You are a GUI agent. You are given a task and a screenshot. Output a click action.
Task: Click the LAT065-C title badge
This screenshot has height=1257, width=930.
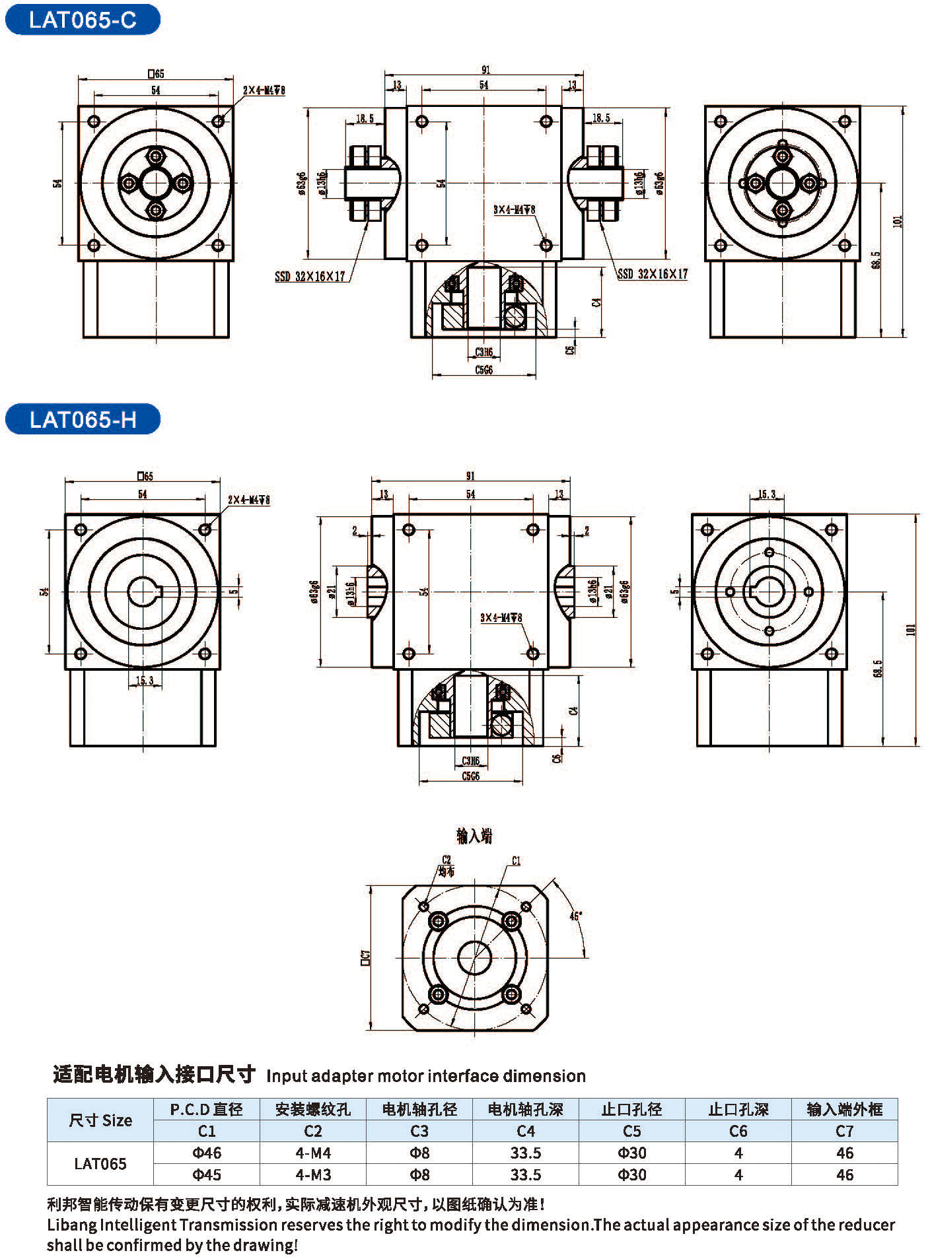[x=83, y=20]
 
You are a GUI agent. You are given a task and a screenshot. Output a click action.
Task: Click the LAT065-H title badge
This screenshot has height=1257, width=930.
[x=83, y=420]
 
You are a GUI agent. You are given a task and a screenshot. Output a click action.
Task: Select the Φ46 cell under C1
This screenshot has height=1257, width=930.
[x=207, y=1153]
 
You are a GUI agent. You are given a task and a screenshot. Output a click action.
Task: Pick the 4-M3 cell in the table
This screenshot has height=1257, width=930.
[x=313, y=1175]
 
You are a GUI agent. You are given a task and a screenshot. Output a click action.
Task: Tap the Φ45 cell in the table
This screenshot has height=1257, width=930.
[x=207, y=1175]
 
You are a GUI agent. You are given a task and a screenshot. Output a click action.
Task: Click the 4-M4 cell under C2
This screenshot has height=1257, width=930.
[x=313, y=1153]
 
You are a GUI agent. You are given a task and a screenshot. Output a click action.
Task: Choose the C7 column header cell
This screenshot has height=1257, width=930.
[x=844, y=1132]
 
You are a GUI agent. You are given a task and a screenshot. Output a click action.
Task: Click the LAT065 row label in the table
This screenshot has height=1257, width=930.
[x=100, y=1164]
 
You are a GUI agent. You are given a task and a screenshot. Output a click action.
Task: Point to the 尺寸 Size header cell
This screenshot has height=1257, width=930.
[x=100, y=1120]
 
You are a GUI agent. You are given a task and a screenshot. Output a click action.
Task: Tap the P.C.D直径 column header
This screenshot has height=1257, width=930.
[x=207, y=1110]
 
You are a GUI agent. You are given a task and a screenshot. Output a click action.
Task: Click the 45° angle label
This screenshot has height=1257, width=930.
[x=575, y=916]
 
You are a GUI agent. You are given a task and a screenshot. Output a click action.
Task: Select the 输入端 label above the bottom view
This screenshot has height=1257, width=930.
[x=474, y=836]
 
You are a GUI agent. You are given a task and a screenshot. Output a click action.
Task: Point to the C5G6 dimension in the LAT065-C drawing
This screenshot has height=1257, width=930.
[x=483, y=370]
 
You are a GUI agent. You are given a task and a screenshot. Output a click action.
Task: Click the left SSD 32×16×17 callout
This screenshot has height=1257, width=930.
[x=310, y=276]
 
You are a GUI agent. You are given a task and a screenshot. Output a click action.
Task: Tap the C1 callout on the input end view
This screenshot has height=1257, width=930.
[x=516, y=861]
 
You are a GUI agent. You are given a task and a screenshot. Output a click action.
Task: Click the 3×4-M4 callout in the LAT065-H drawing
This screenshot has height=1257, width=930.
[x=501, y=618]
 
